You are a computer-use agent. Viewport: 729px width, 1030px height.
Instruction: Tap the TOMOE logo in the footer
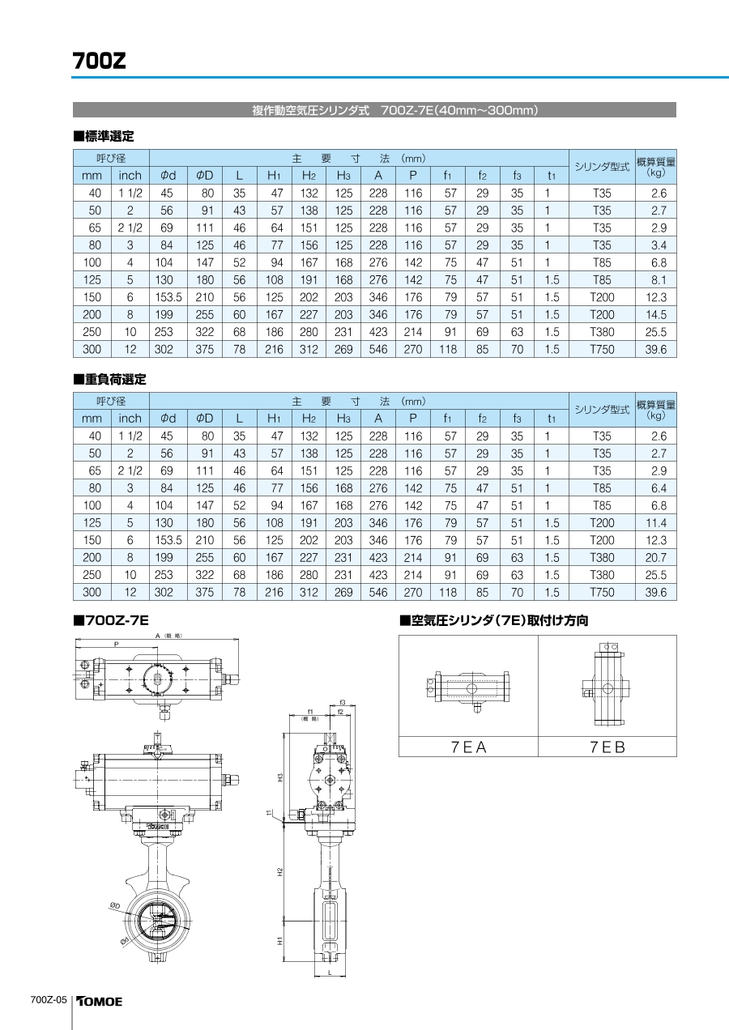point(100,1002)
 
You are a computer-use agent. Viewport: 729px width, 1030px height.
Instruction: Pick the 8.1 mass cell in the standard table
point(658,280)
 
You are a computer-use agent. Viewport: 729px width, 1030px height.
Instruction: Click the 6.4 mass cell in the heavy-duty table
point(658,488)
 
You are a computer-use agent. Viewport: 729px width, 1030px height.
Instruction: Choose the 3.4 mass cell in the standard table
point(658,245)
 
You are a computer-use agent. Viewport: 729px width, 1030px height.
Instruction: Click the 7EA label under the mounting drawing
point(469,747)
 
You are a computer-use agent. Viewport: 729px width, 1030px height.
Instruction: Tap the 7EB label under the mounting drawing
point(607,747)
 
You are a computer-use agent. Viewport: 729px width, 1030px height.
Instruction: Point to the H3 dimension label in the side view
point(279,777)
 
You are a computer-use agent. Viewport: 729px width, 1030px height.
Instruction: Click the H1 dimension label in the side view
point(279,942)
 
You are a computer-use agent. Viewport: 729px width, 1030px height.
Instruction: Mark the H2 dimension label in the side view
point(279,872)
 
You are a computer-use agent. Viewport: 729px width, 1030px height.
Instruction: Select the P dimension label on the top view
point(116,645)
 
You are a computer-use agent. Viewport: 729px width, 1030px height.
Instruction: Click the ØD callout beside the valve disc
point(115,906)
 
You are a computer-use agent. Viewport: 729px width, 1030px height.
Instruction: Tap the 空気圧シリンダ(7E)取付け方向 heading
point(494,621)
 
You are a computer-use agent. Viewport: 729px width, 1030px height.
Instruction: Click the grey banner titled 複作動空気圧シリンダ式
point(374,110)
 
